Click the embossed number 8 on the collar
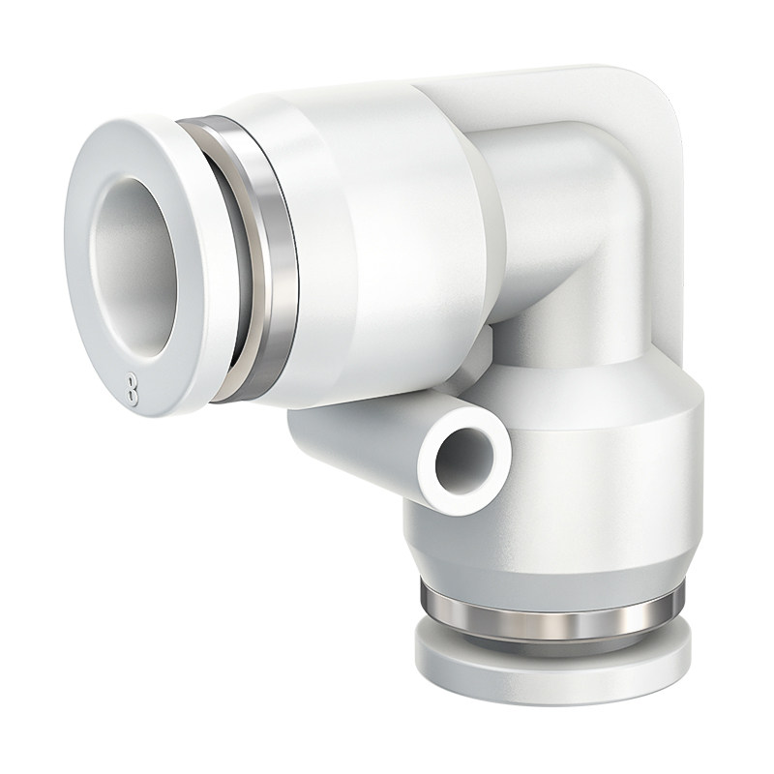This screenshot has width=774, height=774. pyautogui.click(x=132, y=388)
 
